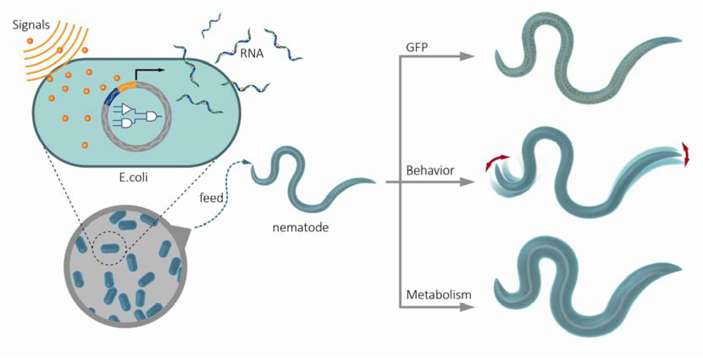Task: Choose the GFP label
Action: tap(417, 48)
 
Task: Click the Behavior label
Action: tap(430, 171)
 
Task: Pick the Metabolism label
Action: tap(438, 295)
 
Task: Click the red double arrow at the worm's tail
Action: tap(685, 153)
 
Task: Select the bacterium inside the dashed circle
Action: tap(110, 248)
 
